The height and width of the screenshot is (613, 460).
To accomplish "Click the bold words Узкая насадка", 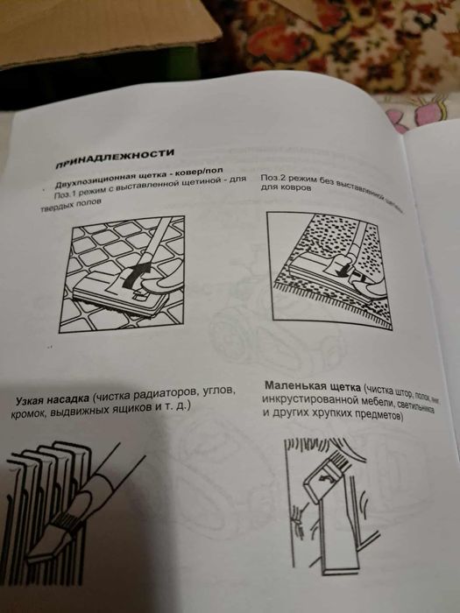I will click(x=49, y=402).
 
